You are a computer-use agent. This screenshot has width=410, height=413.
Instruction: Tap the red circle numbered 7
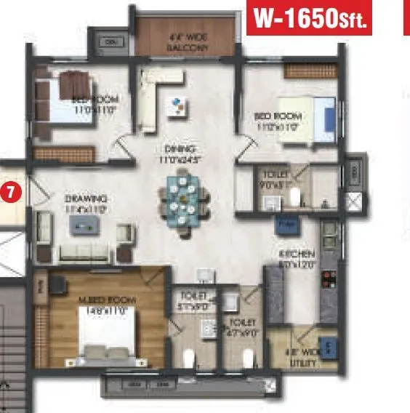click(11, 193)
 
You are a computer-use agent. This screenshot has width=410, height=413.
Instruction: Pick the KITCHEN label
click(298, 259)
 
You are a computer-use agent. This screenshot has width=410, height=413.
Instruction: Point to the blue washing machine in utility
click(326, 345)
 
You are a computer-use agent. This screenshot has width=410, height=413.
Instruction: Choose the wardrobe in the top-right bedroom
click(305, 71)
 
